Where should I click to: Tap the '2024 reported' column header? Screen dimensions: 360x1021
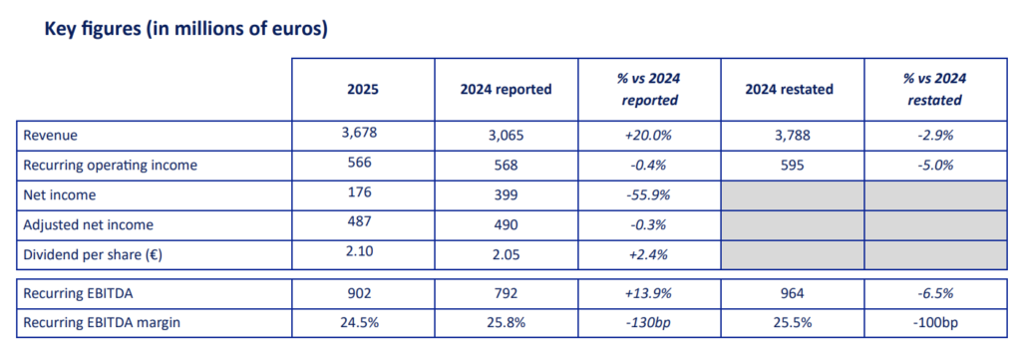(x=506, y=90)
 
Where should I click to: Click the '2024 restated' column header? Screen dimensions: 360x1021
(x=789, y=90)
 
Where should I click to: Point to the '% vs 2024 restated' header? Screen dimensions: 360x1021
(x=934, y=90)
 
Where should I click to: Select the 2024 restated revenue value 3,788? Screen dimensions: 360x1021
(x=789, y=135)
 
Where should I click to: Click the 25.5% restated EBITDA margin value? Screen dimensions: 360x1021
(x=789, y=322)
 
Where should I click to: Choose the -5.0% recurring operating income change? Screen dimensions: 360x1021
(x=934, y=165)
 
